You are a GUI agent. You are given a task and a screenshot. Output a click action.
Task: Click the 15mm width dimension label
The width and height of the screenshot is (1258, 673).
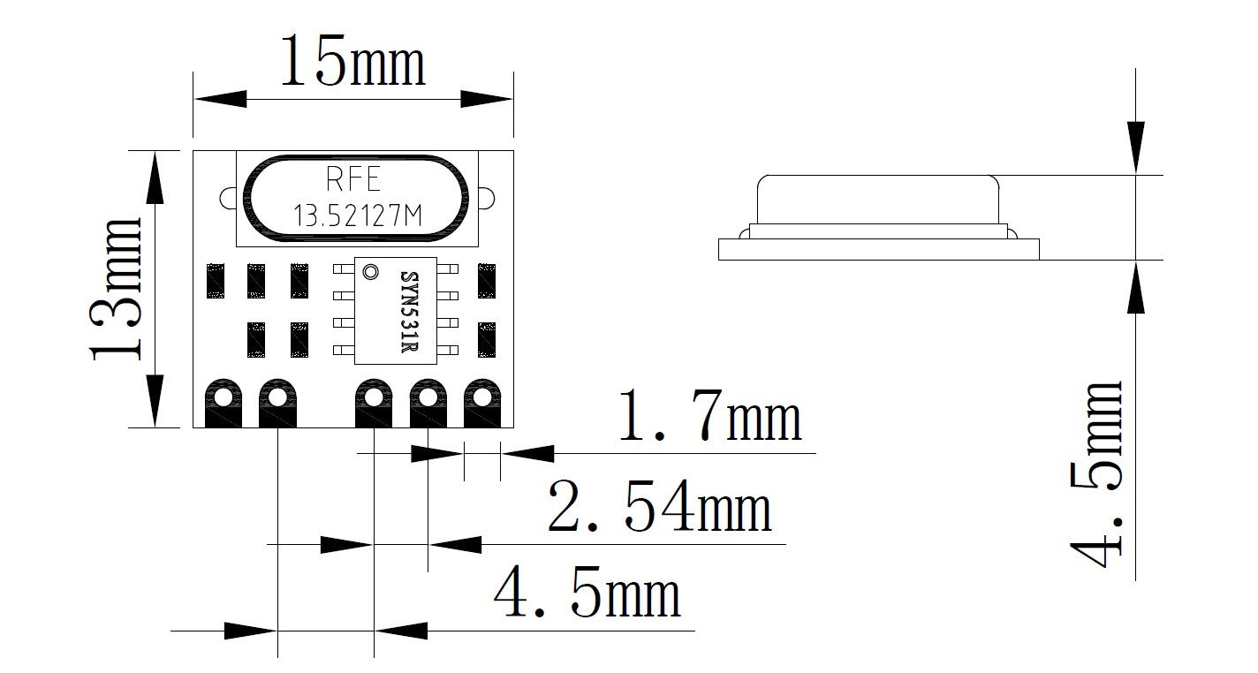pos(352,62)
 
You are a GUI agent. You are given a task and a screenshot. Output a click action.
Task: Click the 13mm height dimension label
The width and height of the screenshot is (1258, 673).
pos(117,289)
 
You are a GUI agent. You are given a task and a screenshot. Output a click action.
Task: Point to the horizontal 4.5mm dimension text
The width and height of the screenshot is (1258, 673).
pos(587,593)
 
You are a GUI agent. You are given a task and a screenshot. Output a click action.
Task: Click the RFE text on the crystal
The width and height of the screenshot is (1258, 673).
pos(353,180)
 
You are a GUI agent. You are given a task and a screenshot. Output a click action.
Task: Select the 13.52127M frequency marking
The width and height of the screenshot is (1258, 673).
pos(358,216)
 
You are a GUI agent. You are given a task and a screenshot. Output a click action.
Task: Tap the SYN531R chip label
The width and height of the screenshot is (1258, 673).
pos(409,311)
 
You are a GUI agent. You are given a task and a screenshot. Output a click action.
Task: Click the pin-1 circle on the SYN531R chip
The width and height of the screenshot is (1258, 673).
pos(370,272)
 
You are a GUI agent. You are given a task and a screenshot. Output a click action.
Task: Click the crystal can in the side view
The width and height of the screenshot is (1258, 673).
pos(877,199)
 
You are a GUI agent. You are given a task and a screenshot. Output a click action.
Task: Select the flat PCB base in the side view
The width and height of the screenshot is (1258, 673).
pos(878,249)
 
